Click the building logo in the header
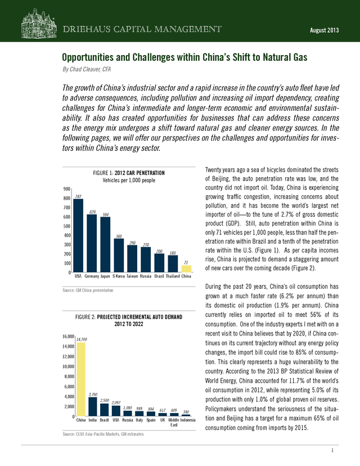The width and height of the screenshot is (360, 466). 39,24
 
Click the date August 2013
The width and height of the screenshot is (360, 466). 325,30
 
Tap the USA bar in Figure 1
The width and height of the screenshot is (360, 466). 78,236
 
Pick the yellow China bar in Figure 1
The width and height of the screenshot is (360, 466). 186,269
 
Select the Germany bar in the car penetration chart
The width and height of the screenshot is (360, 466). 92,243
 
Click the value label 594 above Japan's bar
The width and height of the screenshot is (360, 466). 105,214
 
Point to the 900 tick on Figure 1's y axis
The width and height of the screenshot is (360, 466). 67,189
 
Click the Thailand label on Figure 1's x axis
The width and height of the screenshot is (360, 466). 173,276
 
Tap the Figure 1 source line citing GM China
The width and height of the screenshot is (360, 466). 88,290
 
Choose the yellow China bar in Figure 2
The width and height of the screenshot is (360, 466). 81,379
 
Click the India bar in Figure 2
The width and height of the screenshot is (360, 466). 93,407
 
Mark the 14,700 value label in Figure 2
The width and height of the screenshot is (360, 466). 82,339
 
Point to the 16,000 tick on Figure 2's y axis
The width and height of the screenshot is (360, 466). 68,337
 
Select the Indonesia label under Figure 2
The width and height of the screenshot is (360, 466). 188,420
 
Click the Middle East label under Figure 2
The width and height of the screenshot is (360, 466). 174,422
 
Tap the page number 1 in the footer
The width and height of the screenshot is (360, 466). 332,451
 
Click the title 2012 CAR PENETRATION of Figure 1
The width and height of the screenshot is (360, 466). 139,173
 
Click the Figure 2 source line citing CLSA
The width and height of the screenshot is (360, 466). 103,434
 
